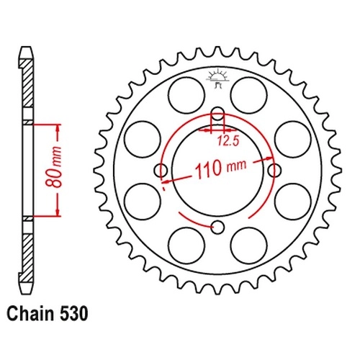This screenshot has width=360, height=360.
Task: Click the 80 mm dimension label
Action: [x=54, y=166]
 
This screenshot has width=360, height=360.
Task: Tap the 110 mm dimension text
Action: [x=221, y=168]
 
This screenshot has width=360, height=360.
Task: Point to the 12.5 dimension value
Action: [x=228, y=141]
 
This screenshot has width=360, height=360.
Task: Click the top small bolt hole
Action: [x=217, y=114]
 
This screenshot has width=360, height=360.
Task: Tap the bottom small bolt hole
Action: [x=217, y=227]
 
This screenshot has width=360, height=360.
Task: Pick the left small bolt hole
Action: [x=161, y=171]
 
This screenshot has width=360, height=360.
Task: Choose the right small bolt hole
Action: [x=274, y=171]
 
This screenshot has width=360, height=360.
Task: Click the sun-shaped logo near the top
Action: [x=217, y=78]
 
